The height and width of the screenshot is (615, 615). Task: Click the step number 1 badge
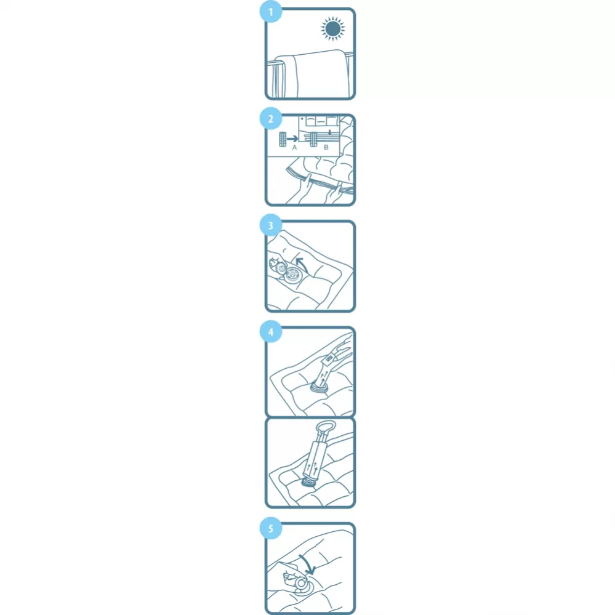click(271, 12)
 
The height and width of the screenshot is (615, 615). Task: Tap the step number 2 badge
click(271, 118)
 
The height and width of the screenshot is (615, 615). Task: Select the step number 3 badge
click(271, 225)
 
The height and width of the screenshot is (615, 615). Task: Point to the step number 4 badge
click(271, 332)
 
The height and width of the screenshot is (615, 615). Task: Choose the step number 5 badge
click(271, 528)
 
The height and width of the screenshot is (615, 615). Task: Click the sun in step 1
click(332, 29)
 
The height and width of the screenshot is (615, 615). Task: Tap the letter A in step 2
click(294, 148)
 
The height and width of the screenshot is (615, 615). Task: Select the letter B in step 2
click(326, 148)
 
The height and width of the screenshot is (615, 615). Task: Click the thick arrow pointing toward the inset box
click(292, 139)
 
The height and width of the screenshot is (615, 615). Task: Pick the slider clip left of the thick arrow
click(283, 140)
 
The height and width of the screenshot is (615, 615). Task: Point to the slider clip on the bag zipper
click(313, 140)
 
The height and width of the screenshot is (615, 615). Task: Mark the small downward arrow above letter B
click(330, 132)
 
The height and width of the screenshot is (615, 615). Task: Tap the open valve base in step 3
click(292, 275)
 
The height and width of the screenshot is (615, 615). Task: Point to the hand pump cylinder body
click(316, 459)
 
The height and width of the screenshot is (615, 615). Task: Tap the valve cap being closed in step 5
click(301, 583)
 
